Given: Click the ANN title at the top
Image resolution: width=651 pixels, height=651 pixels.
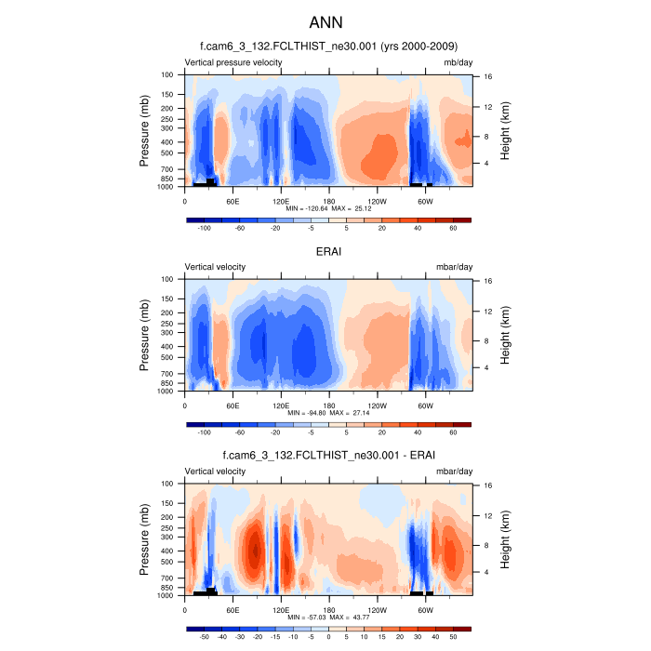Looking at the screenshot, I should pos(325,20).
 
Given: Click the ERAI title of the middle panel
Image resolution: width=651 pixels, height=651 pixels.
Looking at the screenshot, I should pos(329,250).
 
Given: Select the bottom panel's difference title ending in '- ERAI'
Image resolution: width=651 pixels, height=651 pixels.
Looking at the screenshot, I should pos(329,455).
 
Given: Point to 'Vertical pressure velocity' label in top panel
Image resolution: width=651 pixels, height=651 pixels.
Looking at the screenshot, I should pos(233,62).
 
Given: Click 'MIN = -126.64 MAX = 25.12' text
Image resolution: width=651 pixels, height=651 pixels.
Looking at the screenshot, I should pos(329,209).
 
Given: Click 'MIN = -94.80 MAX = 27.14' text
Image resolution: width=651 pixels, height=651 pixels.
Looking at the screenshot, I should pos(329,414).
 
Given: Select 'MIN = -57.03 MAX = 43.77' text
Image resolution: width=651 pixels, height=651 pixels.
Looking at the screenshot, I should pos(329,618).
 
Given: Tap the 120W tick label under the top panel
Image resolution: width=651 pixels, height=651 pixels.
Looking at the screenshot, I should pos(378,201).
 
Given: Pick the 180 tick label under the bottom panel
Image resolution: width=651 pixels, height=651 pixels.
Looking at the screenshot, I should pos(329,610).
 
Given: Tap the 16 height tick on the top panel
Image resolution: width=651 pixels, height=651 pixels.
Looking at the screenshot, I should pos(486,77).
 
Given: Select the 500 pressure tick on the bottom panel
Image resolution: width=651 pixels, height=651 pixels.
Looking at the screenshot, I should pos(168,562).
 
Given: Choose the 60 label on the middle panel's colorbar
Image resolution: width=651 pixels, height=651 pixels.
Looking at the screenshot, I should pos(453,432).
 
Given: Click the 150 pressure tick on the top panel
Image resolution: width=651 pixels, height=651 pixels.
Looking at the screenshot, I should pos(168,94).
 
